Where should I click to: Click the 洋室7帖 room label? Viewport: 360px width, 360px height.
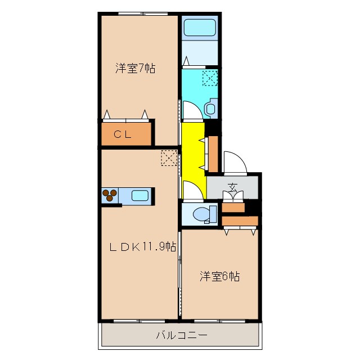[x=135, y=69]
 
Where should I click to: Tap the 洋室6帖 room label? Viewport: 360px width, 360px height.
[x=220, y=276]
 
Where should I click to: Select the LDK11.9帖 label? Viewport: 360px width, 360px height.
[x=142, y=246]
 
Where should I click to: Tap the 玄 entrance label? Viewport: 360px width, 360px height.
[x=232, y=187]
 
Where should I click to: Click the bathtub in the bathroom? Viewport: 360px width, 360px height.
[x=200, y=28]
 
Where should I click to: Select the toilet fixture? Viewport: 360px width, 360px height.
[x=202, y=214]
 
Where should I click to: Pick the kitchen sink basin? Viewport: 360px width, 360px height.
[x=140, y=196]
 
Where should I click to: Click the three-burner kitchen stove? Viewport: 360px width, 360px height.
[x=110, y=195]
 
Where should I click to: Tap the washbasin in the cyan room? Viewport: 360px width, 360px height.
[x=211, y=108]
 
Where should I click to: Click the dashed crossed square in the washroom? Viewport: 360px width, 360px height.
[x=210, y=78]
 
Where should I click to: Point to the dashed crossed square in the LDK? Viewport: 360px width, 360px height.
[x=169, y=158]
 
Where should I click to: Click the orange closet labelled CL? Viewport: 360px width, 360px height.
[x=127, y=134]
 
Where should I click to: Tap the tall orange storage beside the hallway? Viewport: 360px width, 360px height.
[x=213, y=154]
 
